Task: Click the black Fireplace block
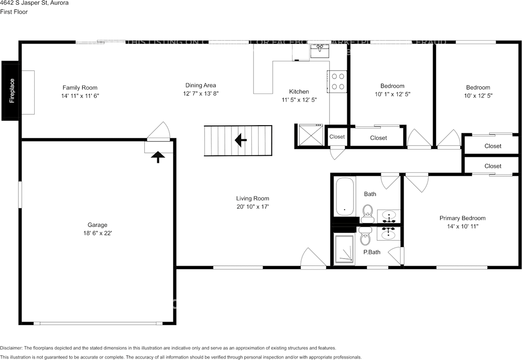[10, 91]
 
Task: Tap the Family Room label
[80, 88]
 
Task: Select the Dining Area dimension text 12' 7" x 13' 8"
[200, 93]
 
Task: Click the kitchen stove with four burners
[337, 81]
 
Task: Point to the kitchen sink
[320, 51]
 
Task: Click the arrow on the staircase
[241, 141]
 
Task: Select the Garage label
[97, 225]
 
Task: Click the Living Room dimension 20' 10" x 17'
[252, 207]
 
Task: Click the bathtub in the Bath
[345, 197]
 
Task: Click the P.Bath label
[372, 252]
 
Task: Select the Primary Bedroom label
[462, 218]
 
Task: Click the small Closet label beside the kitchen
[337, 137]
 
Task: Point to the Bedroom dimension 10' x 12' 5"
[478, 96]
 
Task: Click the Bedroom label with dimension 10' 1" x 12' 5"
[392, 86]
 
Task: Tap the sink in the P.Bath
[388, 234]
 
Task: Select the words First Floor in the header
[14, 12]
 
